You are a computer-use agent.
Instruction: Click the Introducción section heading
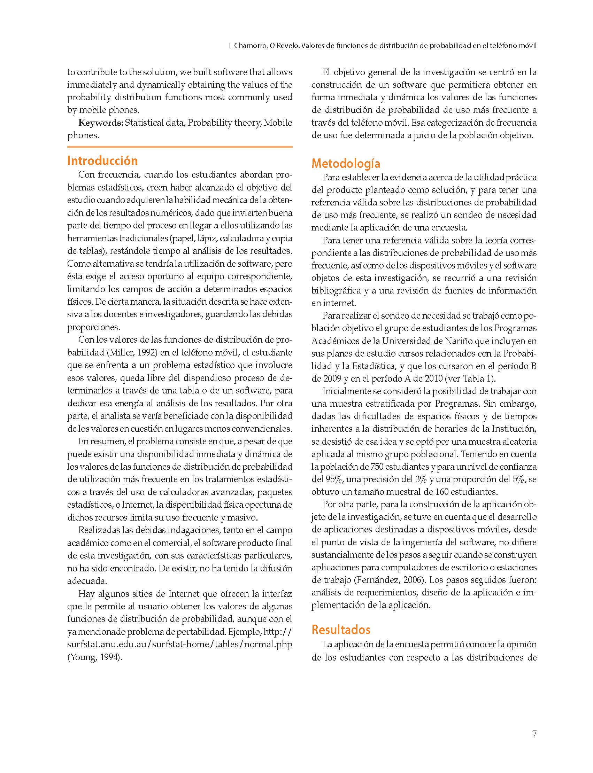click(x=102, y=161)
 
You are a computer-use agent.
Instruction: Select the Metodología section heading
click(x=346, y=164)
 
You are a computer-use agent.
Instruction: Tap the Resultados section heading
click(x=341, y=630)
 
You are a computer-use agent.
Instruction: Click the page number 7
click(x=534, y=734)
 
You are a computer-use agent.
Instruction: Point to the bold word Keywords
click(x=101, y=123)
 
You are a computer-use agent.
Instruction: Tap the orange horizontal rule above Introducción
click(x=180, y=147)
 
